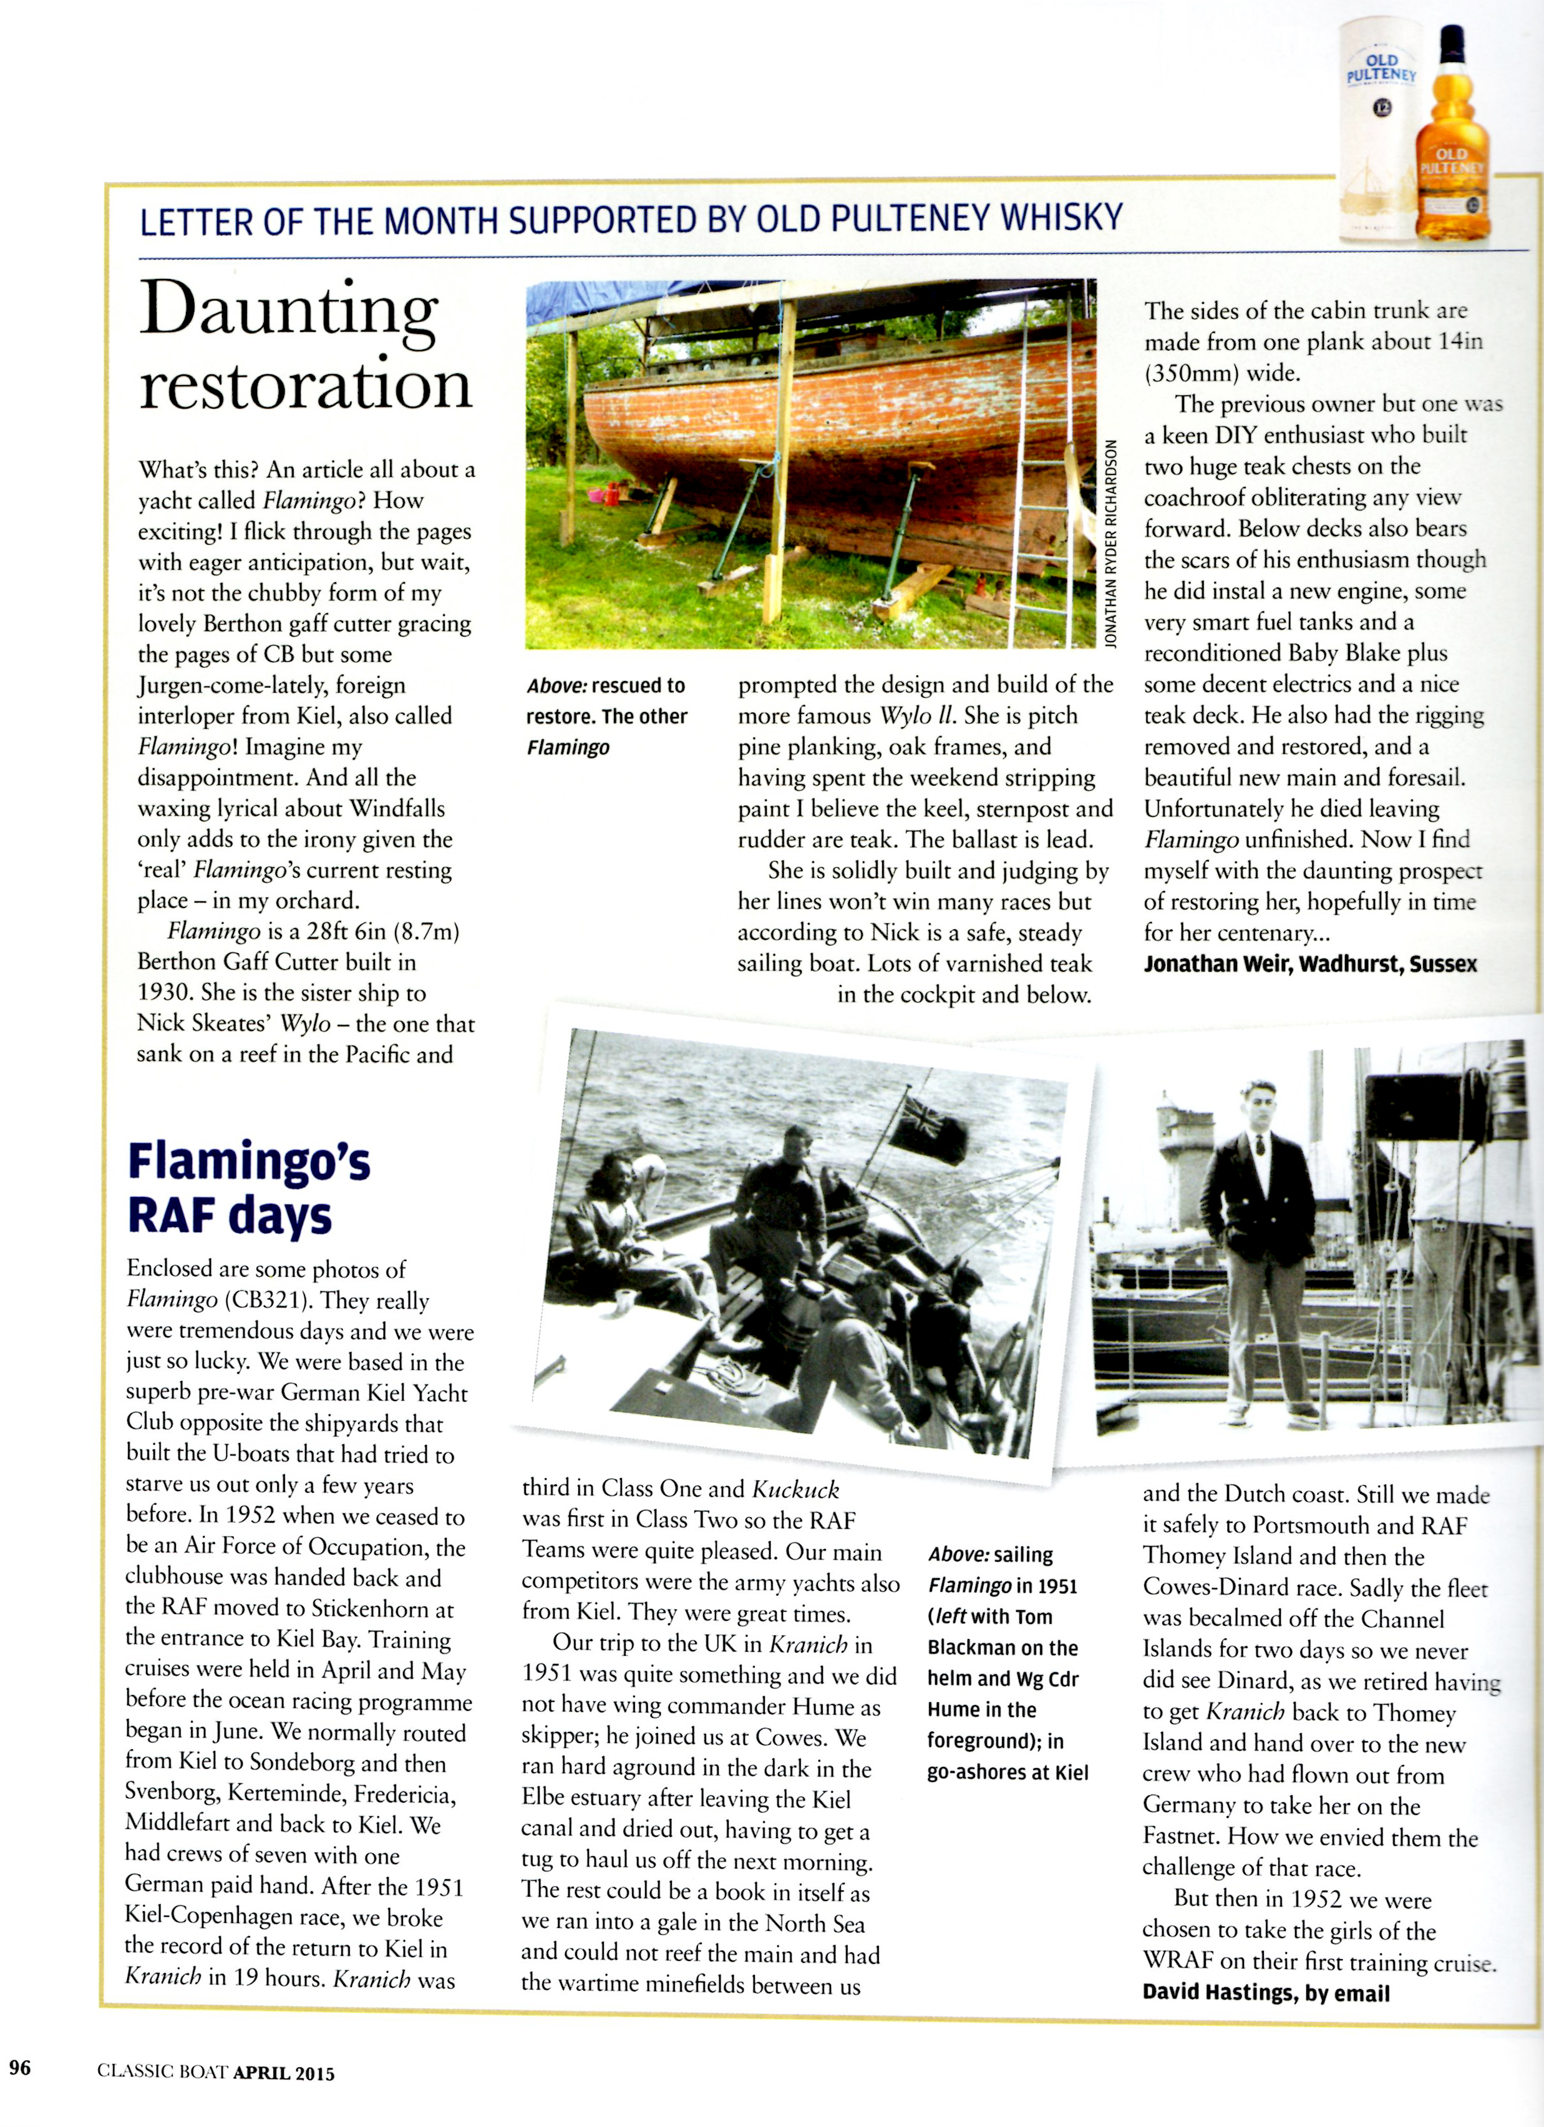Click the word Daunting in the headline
[x=289, y=310]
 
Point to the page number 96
[x=20, y=2067]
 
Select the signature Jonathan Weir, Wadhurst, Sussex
[x=1309, y=963]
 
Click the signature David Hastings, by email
[x=1266, y=1993]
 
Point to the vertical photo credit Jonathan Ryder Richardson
[x=1111, y=544]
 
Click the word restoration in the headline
[x=306, y=384]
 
